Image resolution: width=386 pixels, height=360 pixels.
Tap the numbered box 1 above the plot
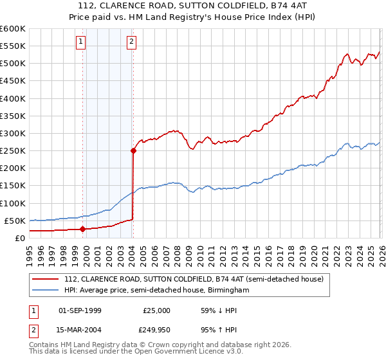click(81, 42)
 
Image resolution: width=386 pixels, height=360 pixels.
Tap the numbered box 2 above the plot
click(131, 42)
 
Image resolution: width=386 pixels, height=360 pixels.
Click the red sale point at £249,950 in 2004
click(133, 151)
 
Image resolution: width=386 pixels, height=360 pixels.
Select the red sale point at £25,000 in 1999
click(82, 229)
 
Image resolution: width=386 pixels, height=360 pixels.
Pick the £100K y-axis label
click(12, 203)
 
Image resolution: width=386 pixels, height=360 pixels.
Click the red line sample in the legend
click(46, 279)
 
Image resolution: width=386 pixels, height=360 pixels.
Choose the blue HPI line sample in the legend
click(46, 291)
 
